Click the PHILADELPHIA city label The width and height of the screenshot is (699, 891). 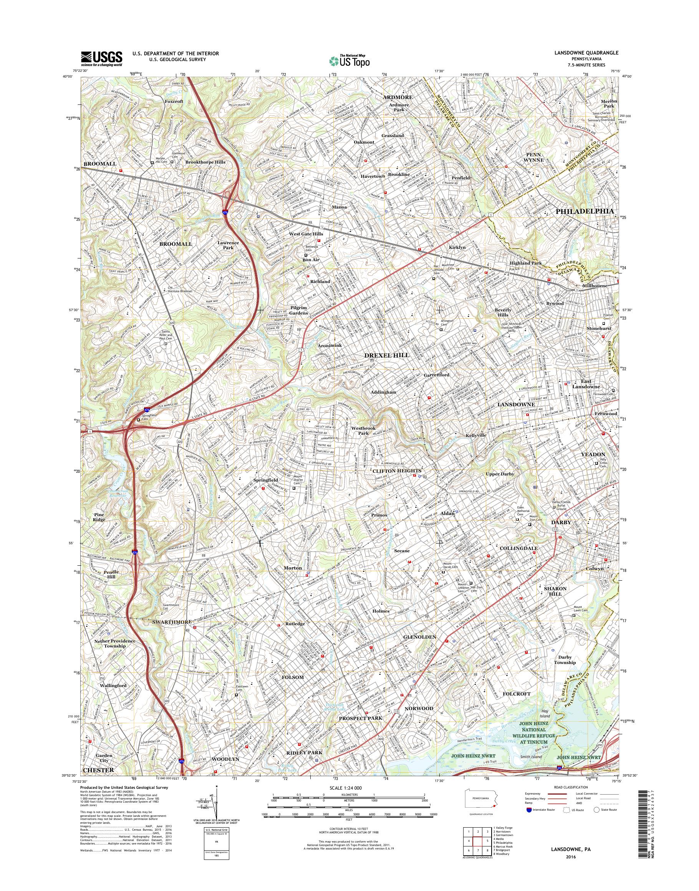coord(585,211)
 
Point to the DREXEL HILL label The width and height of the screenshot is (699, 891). coord(387,355)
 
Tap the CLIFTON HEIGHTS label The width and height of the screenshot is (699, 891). coord(397,471)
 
